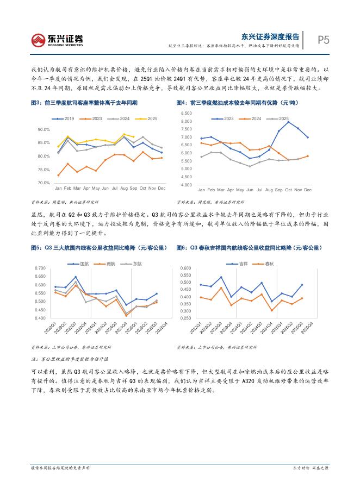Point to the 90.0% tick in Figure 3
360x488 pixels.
[x=43, y=130]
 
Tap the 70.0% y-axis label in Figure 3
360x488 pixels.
[x=43, y=183]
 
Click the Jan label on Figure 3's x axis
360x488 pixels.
[x=58, y=189]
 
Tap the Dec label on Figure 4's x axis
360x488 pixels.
[x=308, y=190]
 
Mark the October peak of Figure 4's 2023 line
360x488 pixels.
[x=288, y=122]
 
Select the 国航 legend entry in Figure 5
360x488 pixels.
[x=80, y=264]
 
